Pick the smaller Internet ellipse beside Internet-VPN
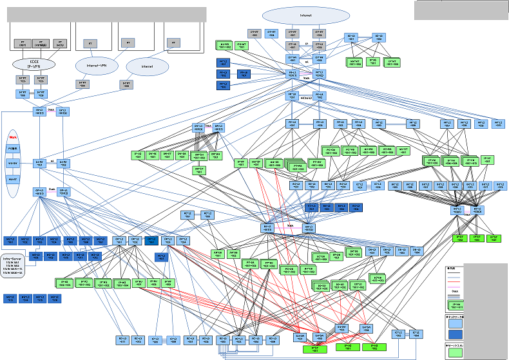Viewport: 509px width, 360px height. [147, 66]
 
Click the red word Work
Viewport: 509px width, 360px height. [13, 137]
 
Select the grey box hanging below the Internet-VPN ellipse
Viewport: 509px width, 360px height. [82, 84]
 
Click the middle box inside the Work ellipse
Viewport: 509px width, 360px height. [13, 163]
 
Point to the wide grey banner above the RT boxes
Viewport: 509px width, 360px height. [106, 14]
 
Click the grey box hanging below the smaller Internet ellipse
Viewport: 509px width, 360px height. [126, 84]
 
